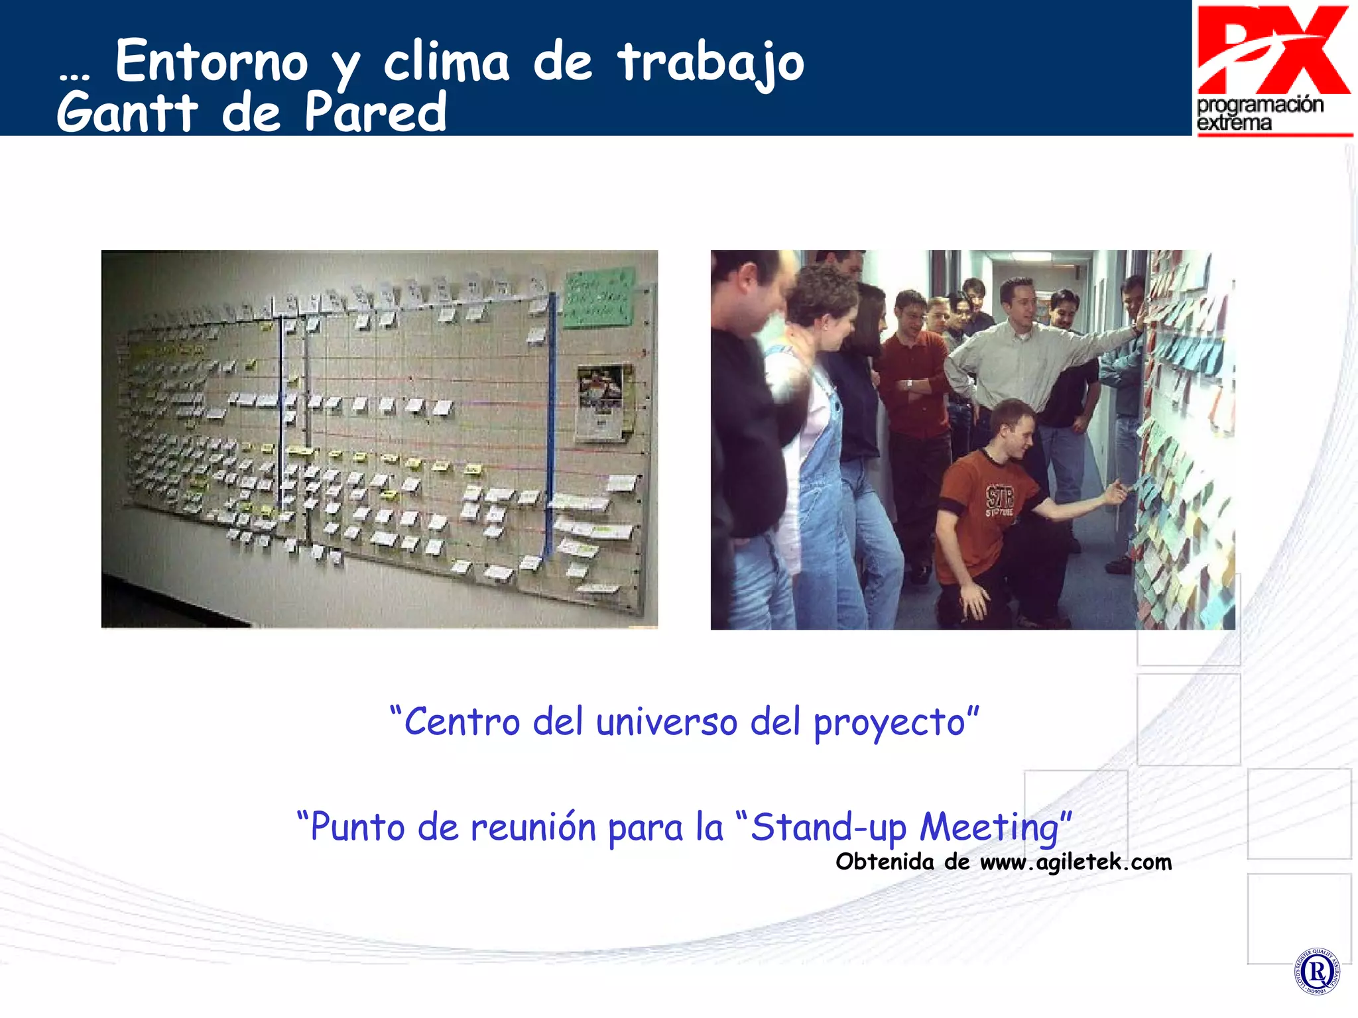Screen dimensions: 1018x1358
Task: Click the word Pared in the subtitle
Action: [x=375, y=113]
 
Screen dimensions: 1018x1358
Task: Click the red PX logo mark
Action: [x=1273, y=50]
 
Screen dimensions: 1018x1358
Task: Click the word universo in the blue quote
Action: [x=666, y=722]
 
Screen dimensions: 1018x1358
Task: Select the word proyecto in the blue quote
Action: [x=889, y=723]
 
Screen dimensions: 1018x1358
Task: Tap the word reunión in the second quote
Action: [x=533, y=828]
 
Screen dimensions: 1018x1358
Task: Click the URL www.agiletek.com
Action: [x=1076, y=862]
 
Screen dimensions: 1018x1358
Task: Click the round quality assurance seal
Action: [x=1316, y=972]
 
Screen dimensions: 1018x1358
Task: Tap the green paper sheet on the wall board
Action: [x=598, y=298]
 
